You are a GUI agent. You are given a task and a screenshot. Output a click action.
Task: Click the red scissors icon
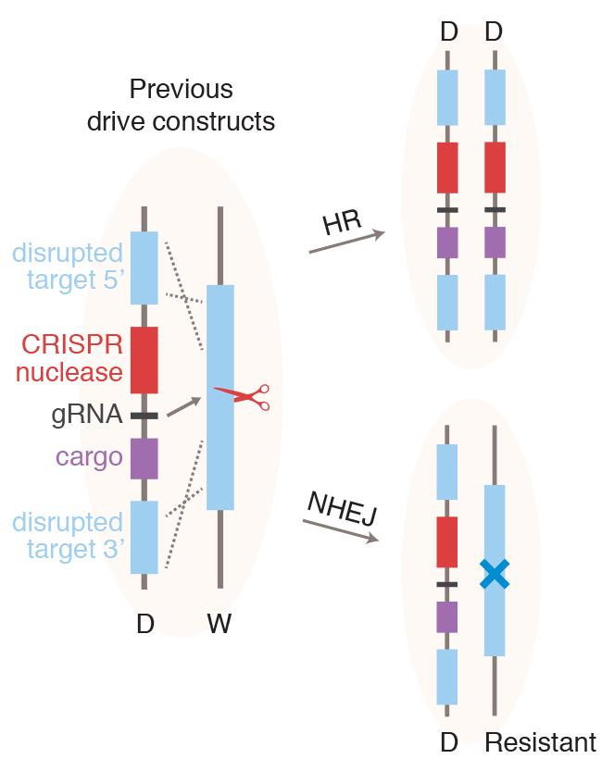(x=242, y=397)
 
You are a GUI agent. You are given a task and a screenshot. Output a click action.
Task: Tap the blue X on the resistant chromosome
(x=495, y=575)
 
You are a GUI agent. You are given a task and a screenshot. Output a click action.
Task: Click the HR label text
(x=340, y=223)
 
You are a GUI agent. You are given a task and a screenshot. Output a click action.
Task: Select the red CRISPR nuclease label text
(x=73, y=359)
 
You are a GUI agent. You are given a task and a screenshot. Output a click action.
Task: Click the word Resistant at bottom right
(x=541, y=743)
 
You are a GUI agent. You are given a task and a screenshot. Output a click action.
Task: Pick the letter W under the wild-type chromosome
(x=219, y=625)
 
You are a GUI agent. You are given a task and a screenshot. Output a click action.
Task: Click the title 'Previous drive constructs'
(x=181, y=106)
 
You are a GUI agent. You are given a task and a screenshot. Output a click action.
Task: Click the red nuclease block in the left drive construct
(x=144, y=360)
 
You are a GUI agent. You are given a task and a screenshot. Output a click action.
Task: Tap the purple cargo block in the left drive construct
(x=144, y=457)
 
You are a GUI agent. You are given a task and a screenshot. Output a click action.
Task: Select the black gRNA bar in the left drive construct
(x=144, y=416)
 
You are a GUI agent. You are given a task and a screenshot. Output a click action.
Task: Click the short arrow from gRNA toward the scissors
(x=185, y=408)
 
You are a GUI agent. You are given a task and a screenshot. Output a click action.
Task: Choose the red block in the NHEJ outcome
(x=447, y=542)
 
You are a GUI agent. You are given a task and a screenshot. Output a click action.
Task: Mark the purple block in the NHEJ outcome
(x=447, y=616)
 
